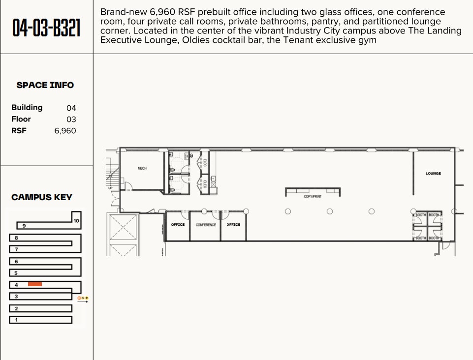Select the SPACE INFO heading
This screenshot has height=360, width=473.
pyautogui.click(x=45, y=85)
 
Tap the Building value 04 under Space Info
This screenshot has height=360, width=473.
pyautogui.click(x=71, y=108)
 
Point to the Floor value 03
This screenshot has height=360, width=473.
pyautogui.click(x=71, y=119)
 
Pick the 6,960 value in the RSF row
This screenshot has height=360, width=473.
pyautogui.click(x=65, y=131)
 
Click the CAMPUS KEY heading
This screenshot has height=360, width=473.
pyautogui.click(x=42, y=197)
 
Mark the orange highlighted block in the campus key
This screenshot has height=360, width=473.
pyautogui.click(x=35, y=284)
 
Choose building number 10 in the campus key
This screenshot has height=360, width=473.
pyautogui.click(x=76, y=221)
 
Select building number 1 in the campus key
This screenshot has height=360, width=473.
pyautogui.click(x=16, y=320)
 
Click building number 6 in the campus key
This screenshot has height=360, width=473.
pyautogui.click(x=16, y=262)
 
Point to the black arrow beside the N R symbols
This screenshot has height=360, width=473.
pyautogui.click(x=83, y=302)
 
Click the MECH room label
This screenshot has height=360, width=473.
pyautogui.click(x=142, y=168)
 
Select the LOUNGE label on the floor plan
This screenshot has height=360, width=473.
pyautogui.click(x=433, y=174)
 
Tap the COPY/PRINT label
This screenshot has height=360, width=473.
pyautogui.click(x=312, y=196)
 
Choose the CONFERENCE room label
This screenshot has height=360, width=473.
pyautogui.click(x=206, y=225)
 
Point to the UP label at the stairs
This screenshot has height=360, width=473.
pyautogui.click(x=110, y=188)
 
